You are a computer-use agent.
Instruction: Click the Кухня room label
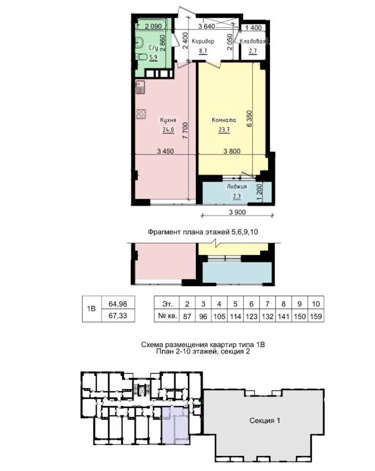click(x=168, y=120)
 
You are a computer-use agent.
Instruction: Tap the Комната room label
click(x=224, y=120)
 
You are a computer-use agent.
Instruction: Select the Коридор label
click(x=203, y=41)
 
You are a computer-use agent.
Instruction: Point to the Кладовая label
click(x=253, y=41)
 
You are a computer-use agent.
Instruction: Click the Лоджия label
click(x=237, y=187)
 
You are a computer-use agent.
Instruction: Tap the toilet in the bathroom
click(x=141, y=57)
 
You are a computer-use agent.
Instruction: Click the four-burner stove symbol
click(x=141, y=114)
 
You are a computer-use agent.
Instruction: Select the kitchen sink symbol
click(x=140, y=87)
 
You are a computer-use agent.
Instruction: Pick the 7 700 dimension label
click(x=185, y=130)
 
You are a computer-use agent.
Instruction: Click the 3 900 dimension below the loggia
click(x=237, y=212)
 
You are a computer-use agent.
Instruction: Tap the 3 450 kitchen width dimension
click(x=165, y=151)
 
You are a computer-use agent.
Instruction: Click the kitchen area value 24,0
click(x=168, y=130)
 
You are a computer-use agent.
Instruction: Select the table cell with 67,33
click(x=118, y=316)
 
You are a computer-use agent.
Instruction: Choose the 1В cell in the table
click(x=91, y=309)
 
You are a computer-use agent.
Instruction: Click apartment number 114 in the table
click(x=235, y=316)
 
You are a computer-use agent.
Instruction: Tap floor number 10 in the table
click(x=316, y=304)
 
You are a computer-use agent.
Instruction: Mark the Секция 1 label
click(x=264, y=420)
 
